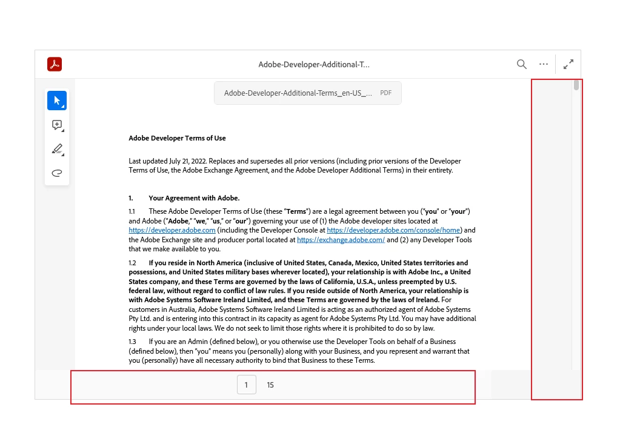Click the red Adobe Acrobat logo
pos(55,64)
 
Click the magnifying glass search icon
pos(521,64)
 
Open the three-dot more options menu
pos(544,64)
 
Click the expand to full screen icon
pos(568,64)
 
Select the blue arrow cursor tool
pos(57,101)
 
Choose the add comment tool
pos(57,125)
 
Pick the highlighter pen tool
pos(57,149)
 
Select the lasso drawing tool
pos(57,173)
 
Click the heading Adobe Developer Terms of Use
pos(177,138)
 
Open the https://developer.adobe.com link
pos(172,230)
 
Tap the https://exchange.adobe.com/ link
pos(341,240)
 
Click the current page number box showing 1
pos(246,385)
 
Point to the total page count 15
pos(270,385)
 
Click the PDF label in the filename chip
pos(385,93)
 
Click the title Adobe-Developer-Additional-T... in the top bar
pos(314,64)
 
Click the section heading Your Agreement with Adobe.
pos(194,198)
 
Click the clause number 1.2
pos(132,263)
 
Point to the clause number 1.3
pos(132,342)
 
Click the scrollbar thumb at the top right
pos(576,85)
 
